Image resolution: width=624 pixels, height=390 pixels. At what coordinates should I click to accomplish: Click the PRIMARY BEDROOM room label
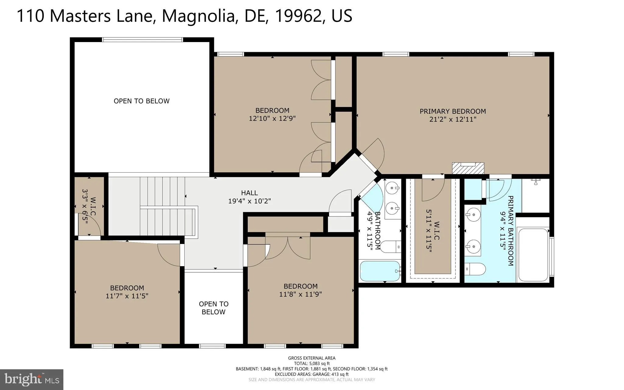pyautogui.click(x=452, y=111)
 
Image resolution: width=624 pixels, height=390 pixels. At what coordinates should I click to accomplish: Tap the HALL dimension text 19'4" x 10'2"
pyautogui.click(x=249, y=201)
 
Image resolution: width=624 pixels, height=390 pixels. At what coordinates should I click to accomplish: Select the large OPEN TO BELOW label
pyautogui.click(x=141, y=101)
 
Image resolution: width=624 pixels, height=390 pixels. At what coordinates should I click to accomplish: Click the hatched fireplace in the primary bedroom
pyautogui.click(x=468, y=168)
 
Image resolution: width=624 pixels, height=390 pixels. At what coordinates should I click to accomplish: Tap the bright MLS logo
pyautogui.click(x=31, y=379)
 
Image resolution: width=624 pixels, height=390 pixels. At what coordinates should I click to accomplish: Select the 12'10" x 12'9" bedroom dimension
pyautogui.click(x=272, y=118)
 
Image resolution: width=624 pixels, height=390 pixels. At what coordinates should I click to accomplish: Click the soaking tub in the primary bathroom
pyautogui.click(x=533, y=255)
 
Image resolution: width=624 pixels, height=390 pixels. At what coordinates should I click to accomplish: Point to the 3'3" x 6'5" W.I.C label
pyautogui.click(x=89, y=207)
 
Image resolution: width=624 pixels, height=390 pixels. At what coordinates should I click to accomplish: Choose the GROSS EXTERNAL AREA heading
pyautogui.click(x=311, y=358)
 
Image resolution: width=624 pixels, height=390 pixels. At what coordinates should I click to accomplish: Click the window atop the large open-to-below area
pyautogui.click(x=142, y=40)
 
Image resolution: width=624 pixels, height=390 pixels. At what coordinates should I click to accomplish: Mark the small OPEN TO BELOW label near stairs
pyautogui.click(x=213, y=308)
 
